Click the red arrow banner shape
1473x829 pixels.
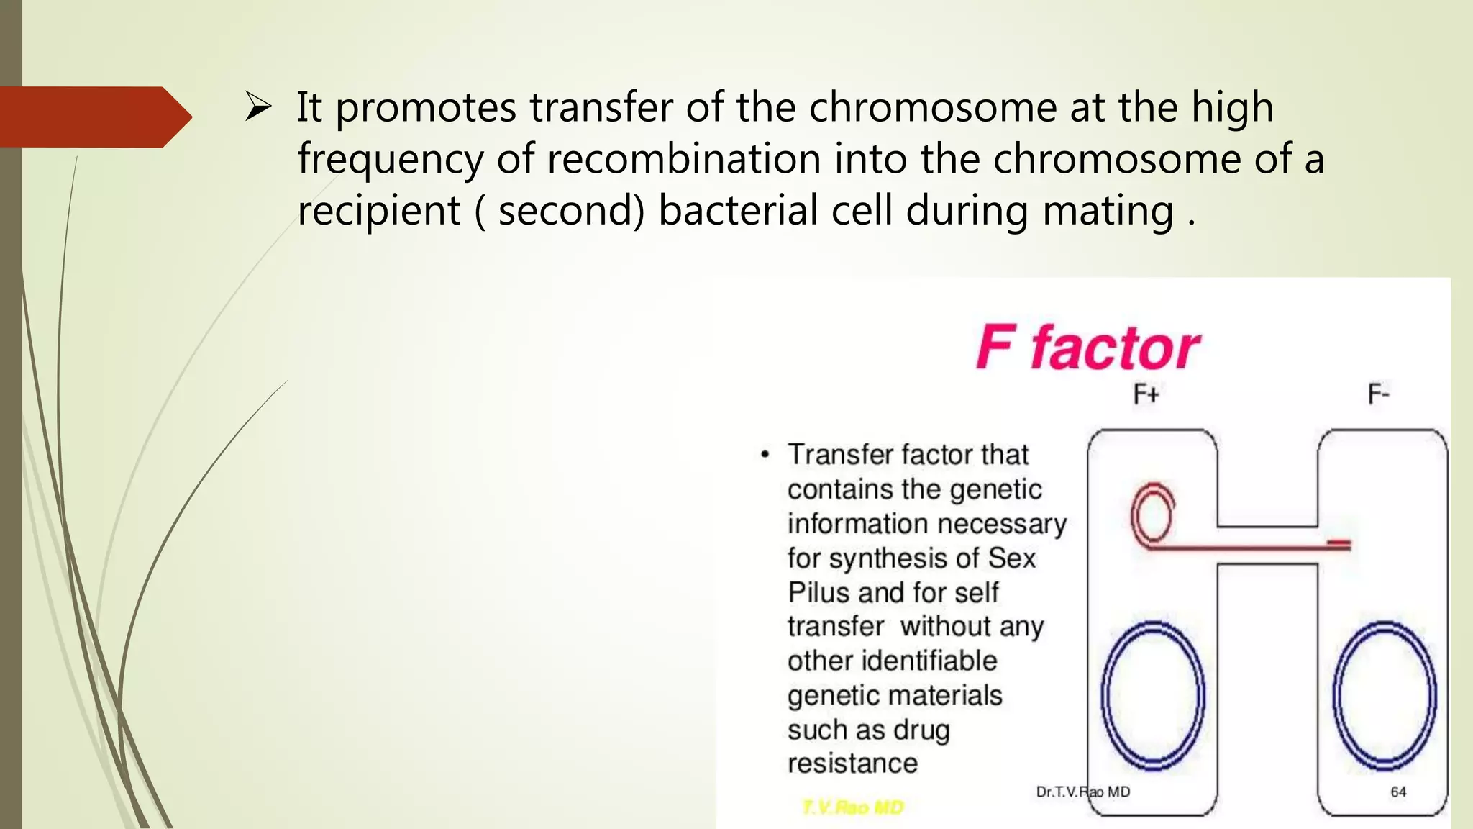click(94, 117)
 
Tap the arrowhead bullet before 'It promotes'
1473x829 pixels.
click(257, 107)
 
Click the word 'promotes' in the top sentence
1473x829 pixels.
click(426, 108)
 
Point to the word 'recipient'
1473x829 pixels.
click(379, 211)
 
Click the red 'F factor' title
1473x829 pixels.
click(1087, 348)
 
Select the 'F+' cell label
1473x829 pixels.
click(1146, 394)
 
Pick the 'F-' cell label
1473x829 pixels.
click(1378, 394)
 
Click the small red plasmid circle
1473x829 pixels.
click(1152, 515)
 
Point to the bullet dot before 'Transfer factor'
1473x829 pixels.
click(765, 455)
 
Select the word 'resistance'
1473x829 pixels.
click(852, 764)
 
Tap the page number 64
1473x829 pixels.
click(1398, 792)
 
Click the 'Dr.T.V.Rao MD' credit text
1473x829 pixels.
click(1082, 792)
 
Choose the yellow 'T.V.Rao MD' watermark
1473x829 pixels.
click(852, 807)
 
